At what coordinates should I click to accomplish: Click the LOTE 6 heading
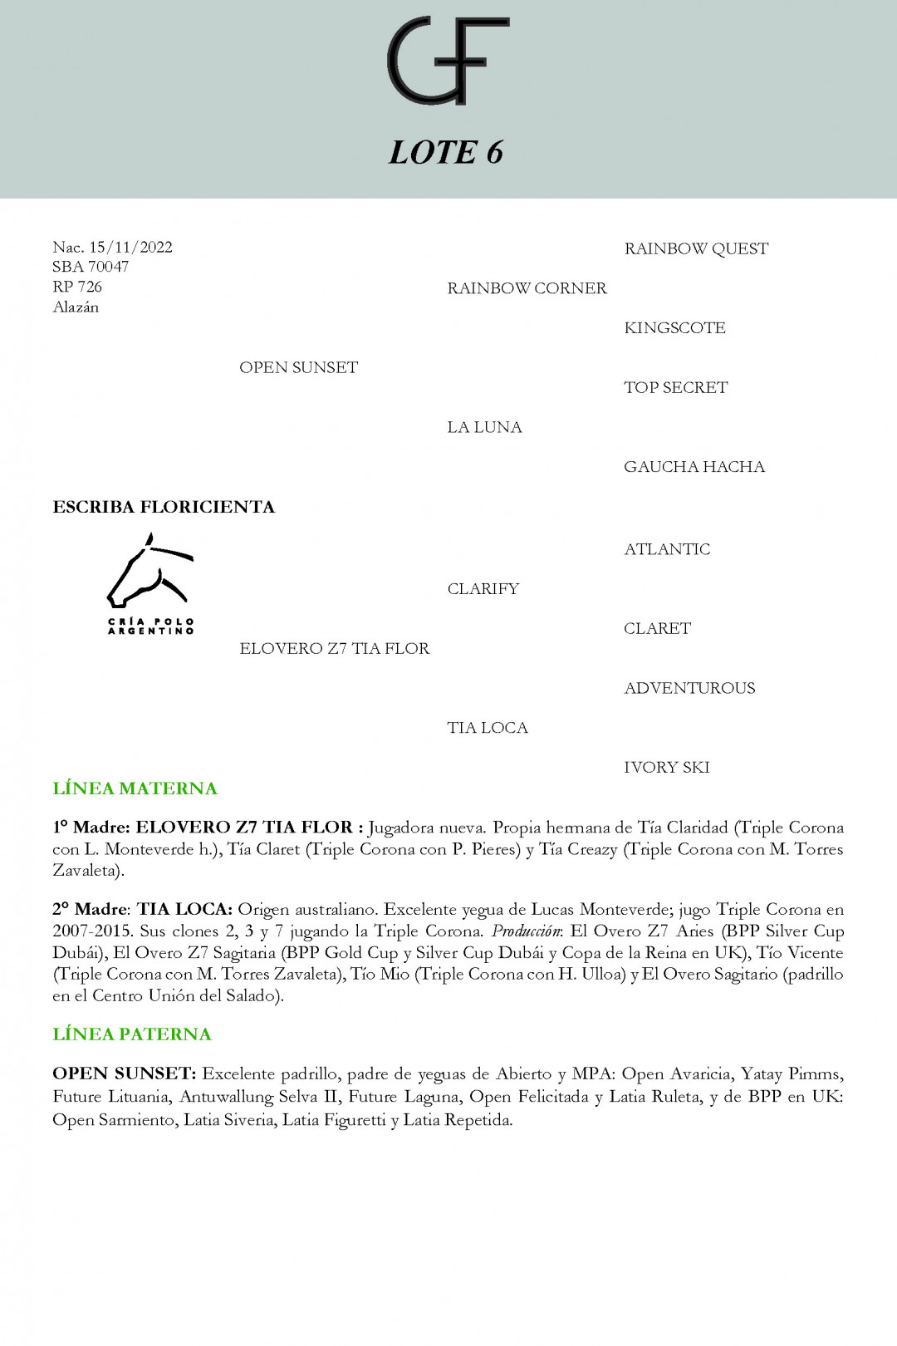[447, 152]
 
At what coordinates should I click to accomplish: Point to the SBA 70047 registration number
[91, 267]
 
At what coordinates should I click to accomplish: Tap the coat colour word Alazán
[76, 307]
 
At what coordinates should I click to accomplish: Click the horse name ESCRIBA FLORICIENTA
[164, 507]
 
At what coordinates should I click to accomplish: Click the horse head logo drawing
[149, 572]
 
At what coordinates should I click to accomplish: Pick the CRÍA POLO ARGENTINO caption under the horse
[151, 626]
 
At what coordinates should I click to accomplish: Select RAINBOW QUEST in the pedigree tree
[696, 248]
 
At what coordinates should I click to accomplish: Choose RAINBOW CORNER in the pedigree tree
[527, 288]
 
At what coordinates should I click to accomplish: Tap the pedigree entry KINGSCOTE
[674, 328]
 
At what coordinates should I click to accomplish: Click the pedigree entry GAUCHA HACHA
[694, 467]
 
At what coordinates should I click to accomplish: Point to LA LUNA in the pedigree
[484, 427]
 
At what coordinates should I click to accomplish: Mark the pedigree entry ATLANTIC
[667, 549]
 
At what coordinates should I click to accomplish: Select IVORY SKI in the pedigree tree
[666, 768]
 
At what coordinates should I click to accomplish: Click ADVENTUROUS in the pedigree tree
[689, 688]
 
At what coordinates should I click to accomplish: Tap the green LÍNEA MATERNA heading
[135, 788]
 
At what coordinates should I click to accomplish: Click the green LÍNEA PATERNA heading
[132, 1034]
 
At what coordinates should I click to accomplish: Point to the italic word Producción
[527, 931]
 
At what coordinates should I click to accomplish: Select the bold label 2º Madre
[90, 910]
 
